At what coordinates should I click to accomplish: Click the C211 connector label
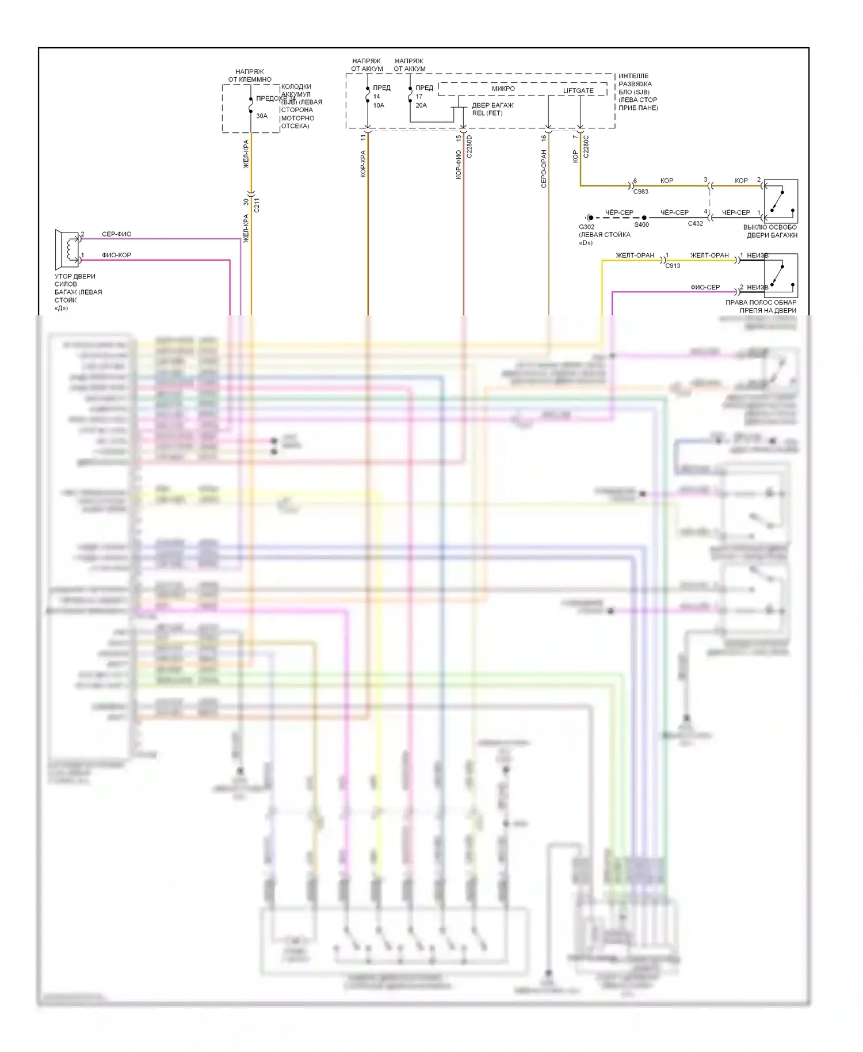pyautogui.click(x=257, y=205)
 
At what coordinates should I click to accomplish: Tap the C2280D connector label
pyautogui.click(x=469, y=147)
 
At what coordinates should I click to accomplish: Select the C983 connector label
pyautogui.click(x=640, y=192)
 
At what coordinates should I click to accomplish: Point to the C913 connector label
pyautogui.click(x=673, y=266)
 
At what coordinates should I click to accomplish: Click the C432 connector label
pyautogui.click(x=695, y=223)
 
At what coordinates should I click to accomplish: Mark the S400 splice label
pyautogui.click(x=641, y=224)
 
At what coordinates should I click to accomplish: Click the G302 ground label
pyautogui.click(x=586, y=227)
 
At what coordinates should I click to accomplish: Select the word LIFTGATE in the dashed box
pyautogui.click(x=578, y=90)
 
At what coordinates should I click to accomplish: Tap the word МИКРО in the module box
pyautogui.click(x=503, y=89)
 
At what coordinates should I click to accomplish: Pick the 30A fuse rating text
pyautogui.click(x=262, y=116)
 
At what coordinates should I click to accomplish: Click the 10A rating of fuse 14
pyautogui.click(x=379, y=105)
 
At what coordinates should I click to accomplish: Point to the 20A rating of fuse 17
pyautogui.click(x=421, y=105)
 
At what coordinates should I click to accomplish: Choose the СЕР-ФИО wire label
pyautogui.click(x=116, y=234)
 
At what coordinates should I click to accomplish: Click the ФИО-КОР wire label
pyautogui.click(x=116, y=255)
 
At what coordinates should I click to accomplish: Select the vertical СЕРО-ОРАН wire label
pyautogui.click(x=544, y=169)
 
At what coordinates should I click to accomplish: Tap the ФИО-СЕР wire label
pyautogui.click(x=705, y=287)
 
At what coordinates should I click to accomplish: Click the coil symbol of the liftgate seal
pyautogui.click(x=72, y=249)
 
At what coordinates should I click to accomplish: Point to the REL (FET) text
pyautogui.click(x=487, y=113)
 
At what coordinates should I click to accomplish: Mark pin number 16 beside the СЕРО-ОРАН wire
pyautogui.click(x=544, y=138)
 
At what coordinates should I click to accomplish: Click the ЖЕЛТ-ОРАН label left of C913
pyautogui.click(x=635, y=256)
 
